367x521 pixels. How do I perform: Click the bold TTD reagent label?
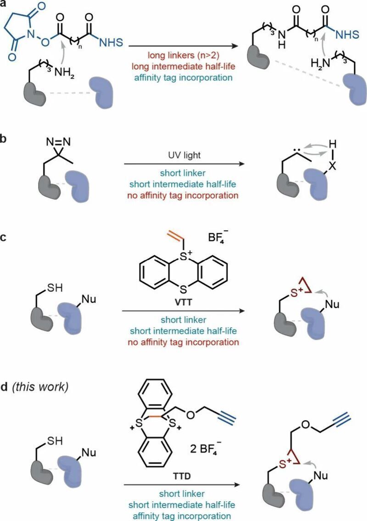point(182,476)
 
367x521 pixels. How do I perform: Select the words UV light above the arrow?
point(184,155)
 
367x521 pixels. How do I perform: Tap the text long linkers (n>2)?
point(183,55)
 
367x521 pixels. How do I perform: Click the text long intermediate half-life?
point(183,66)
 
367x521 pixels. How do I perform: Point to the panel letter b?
point(3,139)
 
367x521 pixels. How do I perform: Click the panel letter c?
point(3,238)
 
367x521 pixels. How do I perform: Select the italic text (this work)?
point(40,387)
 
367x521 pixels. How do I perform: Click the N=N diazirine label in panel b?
point(58,142)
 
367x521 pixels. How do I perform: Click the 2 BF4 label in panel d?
point(204,450)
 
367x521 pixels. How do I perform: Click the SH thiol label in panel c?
point(55,287)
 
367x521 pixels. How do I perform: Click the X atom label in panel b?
point(333,166)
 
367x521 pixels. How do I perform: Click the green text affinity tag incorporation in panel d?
point(182,516)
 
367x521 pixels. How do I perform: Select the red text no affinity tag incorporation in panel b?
point(183,195)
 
